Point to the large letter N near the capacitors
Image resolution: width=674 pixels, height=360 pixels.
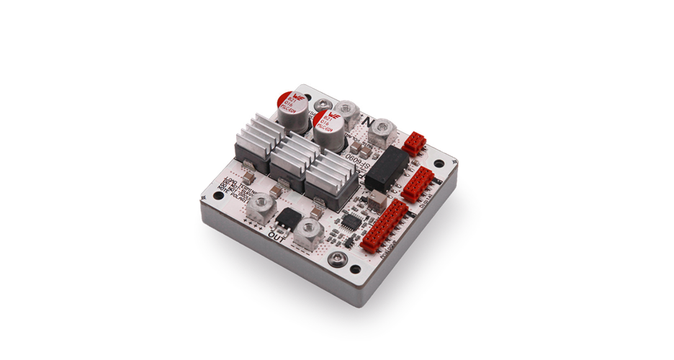click(369, 120)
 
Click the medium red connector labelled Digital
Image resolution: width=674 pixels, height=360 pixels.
click(416, 183)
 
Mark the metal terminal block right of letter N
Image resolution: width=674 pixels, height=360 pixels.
click(381, 130)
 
